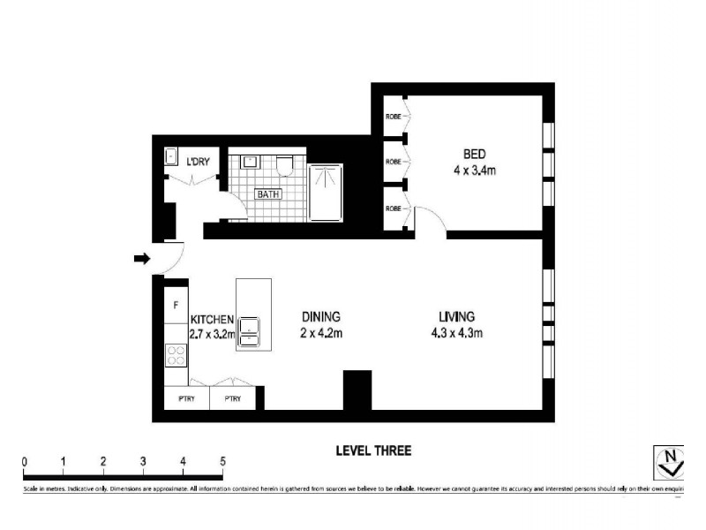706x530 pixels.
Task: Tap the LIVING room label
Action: coord(457,316)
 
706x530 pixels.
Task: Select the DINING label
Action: coord(321,316)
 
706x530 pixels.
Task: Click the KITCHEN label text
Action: coord(212,319)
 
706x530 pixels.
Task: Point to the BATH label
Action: coord(267,194)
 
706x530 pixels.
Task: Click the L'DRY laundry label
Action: coord(198,161)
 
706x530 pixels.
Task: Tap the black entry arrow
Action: coord(141,259)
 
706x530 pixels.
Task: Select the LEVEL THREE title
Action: coord(373,450)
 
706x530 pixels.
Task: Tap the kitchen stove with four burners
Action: coord(176,355)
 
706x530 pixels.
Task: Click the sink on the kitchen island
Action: coord(250,327)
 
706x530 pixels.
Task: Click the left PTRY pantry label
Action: coord(187,399)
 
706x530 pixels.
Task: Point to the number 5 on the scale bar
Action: coord(222,461)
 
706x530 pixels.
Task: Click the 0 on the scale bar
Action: coord(25,461)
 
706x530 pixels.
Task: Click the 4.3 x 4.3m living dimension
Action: coord(457,333)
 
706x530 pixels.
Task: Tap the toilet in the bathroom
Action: coord(283,165)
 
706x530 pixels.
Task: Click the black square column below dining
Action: coord(357,390)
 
